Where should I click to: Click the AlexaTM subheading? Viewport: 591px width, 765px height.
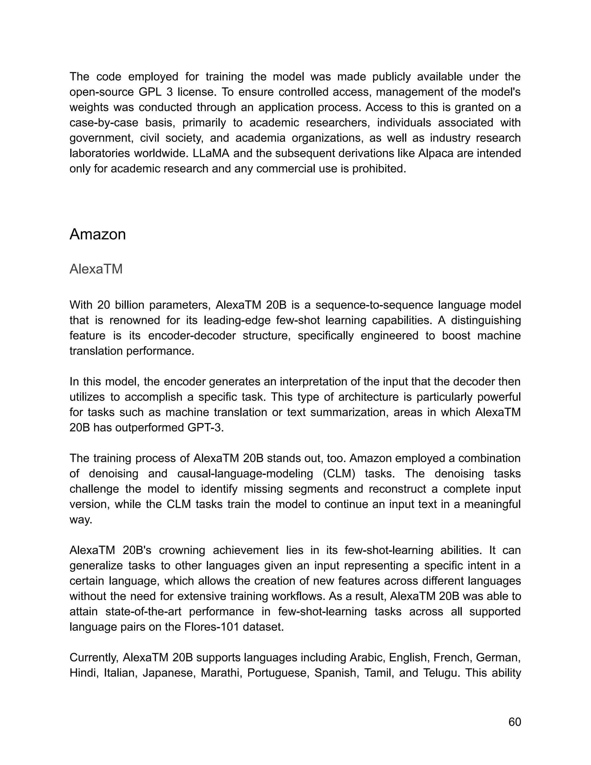pos(96,269)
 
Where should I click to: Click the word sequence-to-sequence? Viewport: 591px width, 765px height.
pos(373,305)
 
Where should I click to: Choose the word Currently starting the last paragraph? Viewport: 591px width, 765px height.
pos(93,657)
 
